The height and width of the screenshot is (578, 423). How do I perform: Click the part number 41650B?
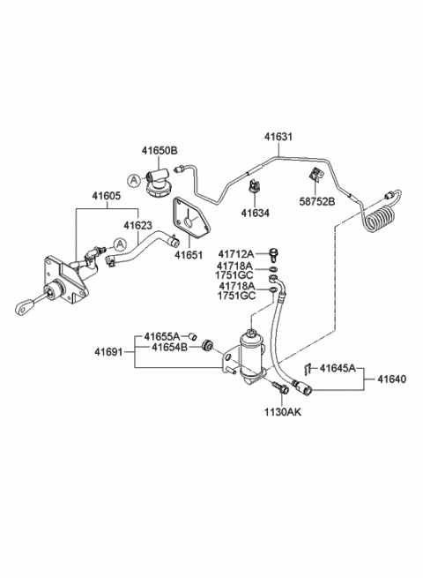160,151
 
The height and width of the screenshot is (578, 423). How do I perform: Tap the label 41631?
281,137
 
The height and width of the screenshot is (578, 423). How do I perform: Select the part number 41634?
256,212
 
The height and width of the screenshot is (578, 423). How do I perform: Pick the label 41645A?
338,368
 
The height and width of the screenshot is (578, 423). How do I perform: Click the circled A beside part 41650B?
131,180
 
